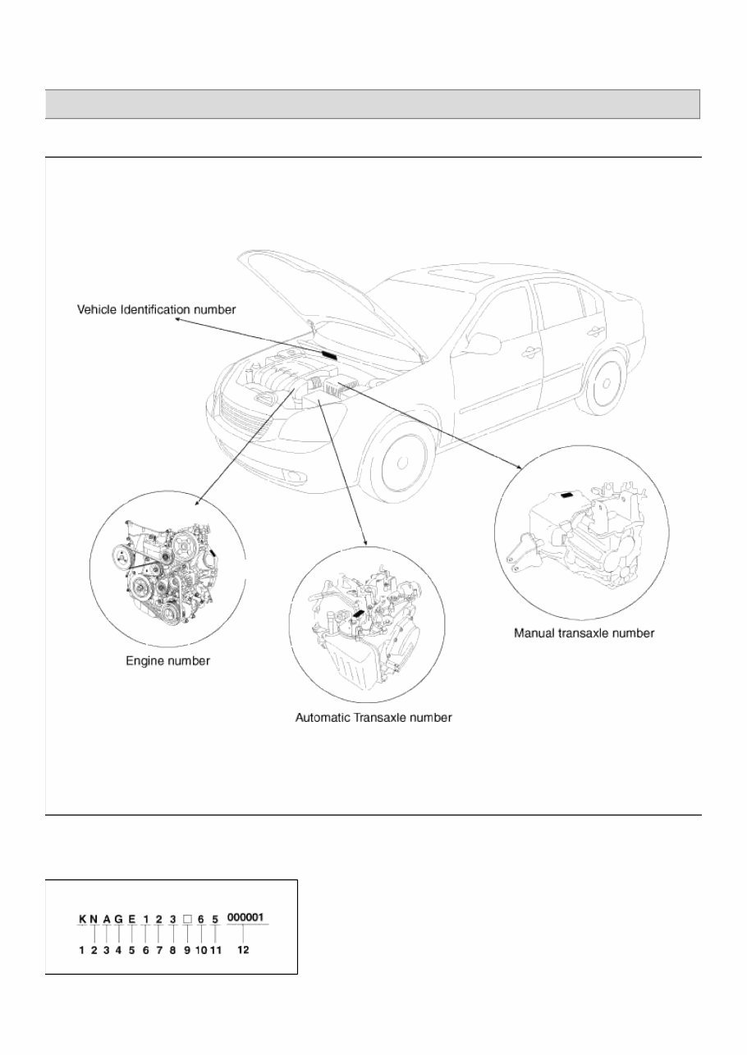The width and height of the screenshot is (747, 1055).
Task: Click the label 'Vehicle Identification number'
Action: point(156,310)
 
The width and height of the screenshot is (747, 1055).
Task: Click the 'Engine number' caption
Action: point(167,661)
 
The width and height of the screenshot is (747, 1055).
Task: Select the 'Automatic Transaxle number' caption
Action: point(373,718)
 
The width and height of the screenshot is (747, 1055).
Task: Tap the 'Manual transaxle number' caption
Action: point(584,633)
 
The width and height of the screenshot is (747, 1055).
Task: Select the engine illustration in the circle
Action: point(167,570)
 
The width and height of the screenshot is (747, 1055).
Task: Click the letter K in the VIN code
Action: point(82,919)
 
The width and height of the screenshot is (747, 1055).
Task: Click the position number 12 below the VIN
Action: point(243,950)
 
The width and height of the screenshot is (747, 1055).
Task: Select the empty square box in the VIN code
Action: point(186,920)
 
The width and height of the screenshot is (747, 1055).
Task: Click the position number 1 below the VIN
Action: point(82,950)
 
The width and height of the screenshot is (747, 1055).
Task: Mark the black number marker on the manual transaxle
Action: point(566,495)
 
